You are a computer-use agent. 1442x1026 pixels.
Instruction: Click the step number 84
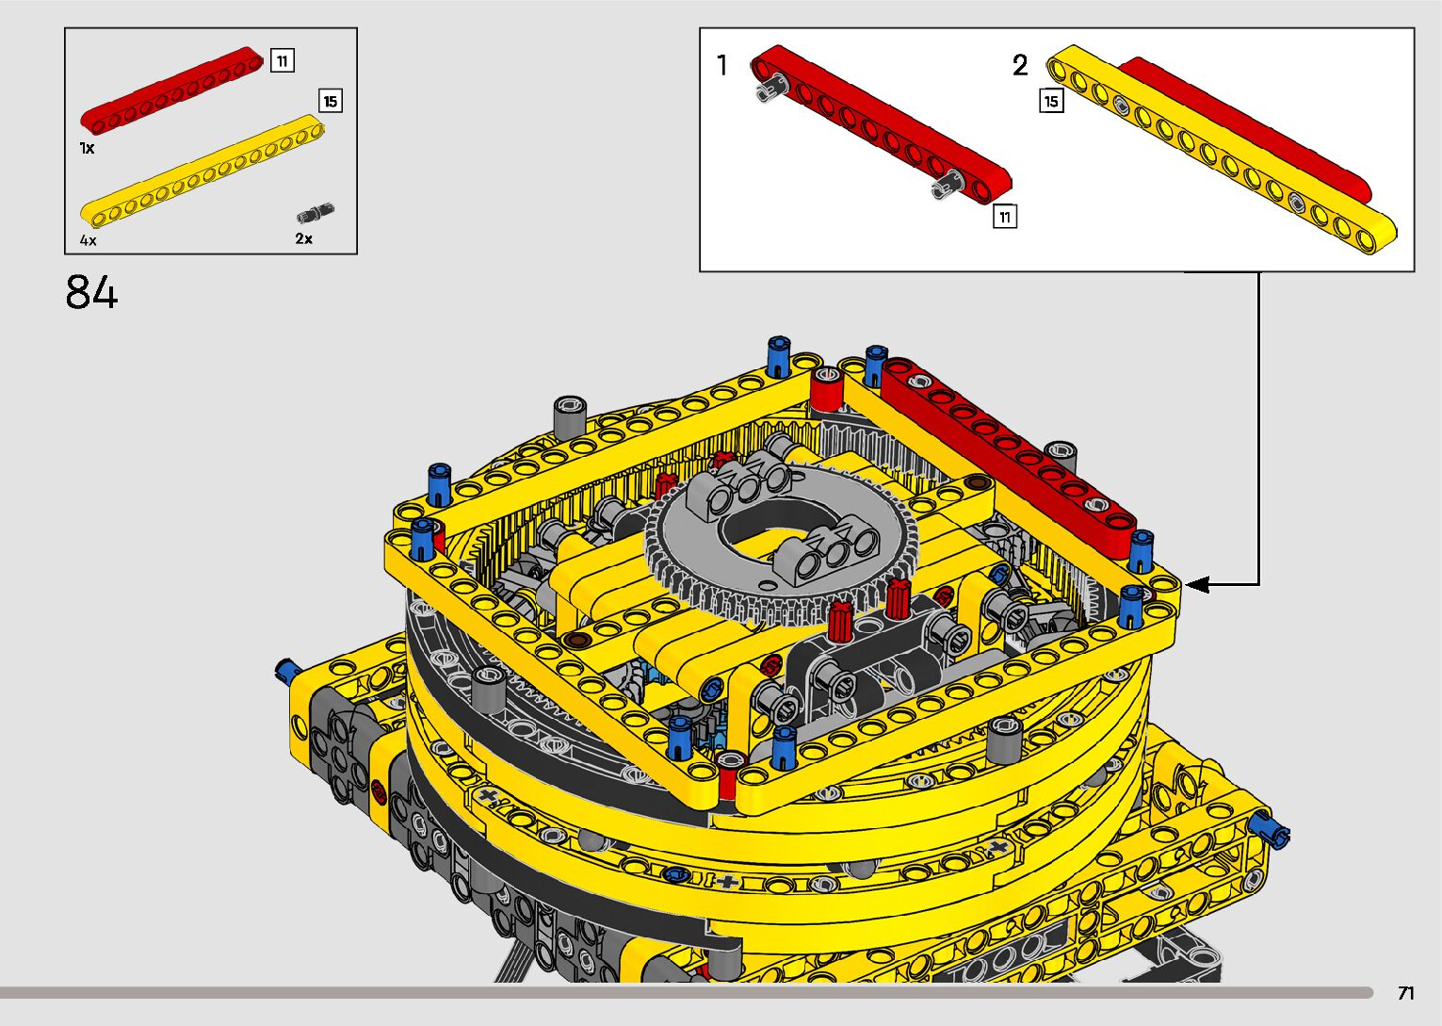91,292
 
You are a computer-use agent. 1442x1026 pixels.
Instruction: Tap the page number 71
1406,993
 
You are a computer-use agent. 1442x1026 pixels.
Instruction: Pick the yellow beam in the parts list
203,171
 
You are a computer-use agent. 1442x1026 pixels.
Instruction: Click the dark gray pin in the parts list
316,212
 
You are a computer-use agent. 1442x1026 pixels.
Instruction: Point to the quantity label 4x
89,240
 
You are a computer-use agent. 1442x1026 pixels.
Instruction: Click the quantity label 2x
304,238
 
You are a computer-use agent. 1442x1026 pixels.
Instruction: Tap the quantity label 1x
87,148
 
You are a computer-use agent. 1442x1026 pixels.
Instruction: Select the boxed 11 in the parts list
283,60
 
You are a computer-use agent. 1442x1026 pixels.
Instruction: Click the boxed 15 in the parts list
331,101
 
